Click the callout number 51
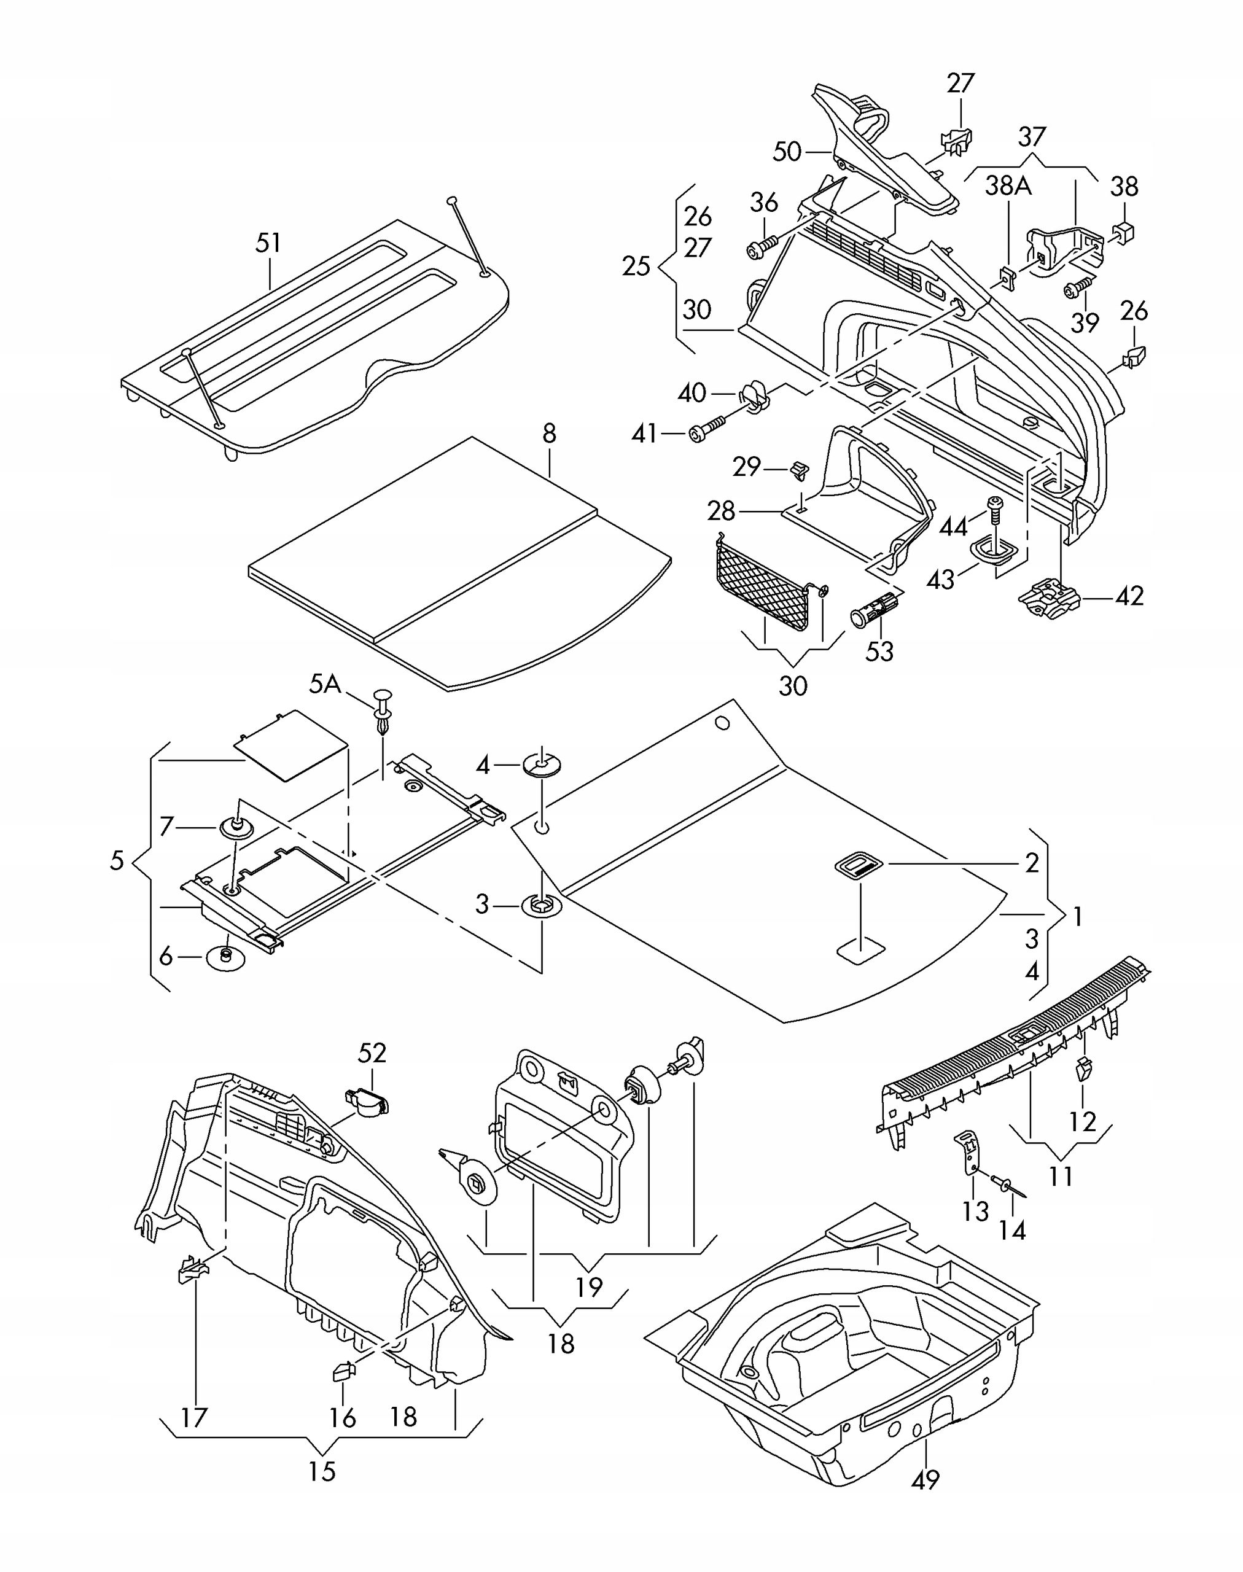click(268, 243)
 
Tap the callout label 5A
click(325, 684)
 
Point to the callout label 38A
click(1008, 186)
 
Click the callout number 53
click(879, 652)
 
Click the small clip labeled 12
click(1083, 1068)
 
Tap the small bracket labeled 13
click(968, 1153)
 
